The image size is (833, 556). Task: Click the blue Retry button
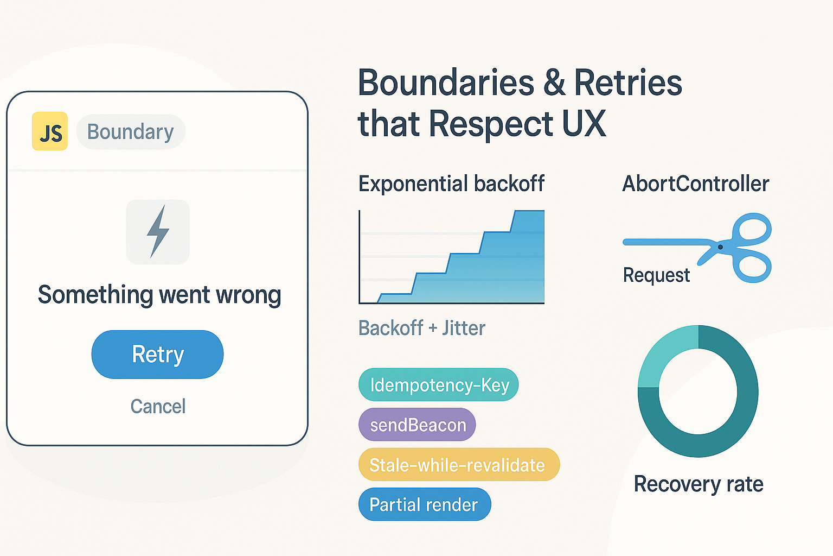click(x=157, y=354)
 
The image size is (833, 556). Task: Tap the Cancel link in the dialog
click(x=158, y=406)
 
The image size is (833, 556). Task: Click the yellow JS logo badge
click(x=50, y=131)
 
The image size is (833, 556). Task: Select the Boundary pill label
click(x=130, y=132)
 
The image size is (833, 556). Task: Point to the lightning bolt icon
click(x=158, y=231)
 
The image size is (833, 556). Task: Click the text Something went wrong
click(x=159, y=295)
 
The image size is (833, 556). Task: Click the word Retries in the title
click(x=627, y=83)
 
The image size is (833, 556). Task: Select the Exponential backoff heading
click(x=451, y=184)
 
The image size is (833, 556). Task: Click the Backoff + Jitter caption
click(x=422, y=328)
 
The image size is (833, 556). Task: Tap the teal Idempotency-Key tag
click(x=439, y=385)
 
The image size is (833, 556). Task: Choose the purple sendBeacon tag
click(x=417, y=425)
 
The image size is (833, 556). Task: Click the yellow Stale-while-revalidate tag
click(x=458, y=465)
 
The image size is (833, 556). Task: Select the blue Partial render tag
click(x=424, y=504)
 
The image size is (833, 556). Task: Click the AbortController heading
click(x=695, y=184)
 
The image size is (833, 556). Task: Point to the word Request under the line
click(x=656, y=275)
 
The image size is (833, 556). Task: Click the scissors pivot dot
click(x=720, y=247)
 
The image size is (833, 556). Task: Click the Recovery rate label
click(x=699, y=484)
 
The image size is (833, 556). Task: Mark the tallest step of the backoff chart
click(x=528, y=255)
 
